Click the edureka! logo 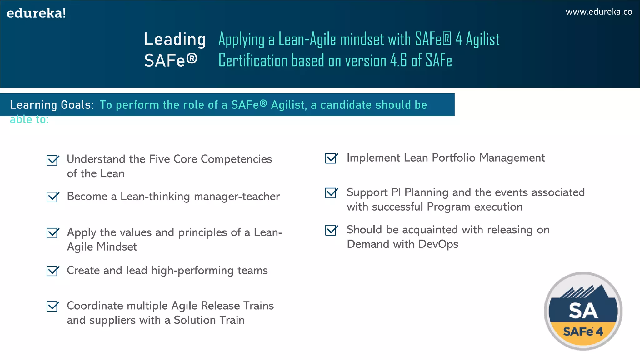click(36, 13)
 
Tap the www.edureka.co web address click(599, 12)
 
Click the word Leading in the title click(175, 40)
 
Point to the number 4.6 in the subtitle click(398, 60)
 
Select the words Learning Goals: click(52, 105)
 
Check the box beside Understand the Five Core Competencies click(52, 160)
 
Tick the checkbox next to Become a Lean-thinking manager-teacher click(52, 197)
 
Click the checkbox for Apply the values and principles click(52, 233)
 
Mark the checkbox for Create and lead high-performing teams click(52, 271)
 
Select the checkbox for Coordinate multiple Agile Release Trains click(52, 306)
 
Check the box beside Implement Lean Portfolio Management click(331, 158)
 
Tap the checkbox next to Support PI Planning click(331, 193)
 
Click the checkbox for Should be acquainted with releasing click(331, 230)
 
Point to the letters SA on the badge click(583, 311)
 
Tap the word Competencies click(236, 159)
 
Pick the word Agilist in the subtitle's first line click(482, 40)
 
